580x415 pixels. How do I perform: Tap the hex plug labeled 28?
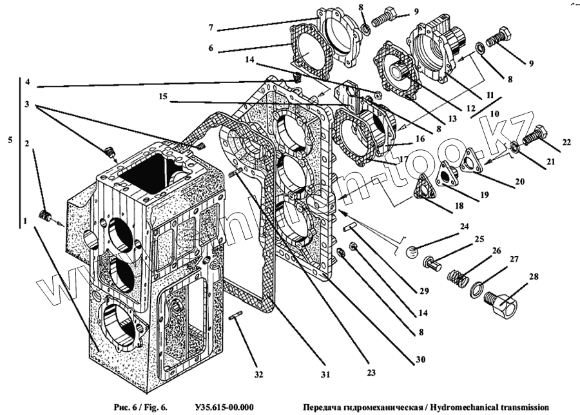tap(501, 303)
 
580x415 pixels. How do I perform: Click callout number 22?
tap(566, 142)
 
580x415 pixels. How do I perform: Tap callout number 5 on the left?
tap(8, 139)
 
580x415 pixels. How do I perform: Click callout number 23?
tap(372, 371)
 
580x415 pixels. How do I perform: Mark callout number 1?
tap(24, 220)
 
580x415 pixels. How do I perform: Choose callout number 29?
tap(423, 291)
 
